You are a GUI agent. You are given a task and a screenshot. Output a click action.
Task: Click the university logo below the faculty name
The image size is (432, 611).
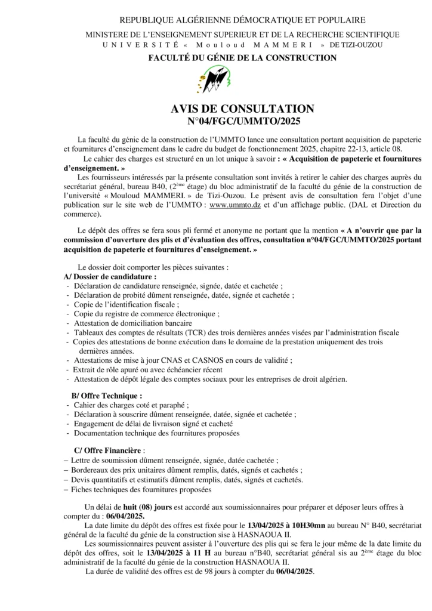[215, 80]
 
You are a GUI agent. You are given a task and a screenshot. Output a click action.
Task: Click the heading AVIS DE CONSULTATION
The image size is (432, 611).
[242, 109]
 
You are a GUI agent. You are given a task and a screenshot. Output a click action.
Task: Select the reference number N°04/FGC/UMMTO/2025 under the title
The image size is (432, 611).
[243, 121]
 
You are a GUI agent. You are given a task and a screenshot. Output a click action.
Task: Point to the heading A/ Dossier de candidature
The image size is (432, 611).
[110, 277]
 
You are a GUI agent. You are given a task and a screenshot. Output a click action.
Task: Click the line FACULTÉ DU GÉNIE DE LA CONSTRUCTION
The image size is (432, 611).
[242, 57]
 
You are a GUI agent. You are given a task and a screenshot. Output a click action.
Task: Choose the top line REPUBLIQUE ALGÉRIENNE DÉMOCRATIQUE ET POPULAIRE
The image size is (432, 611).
[242, 21]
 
